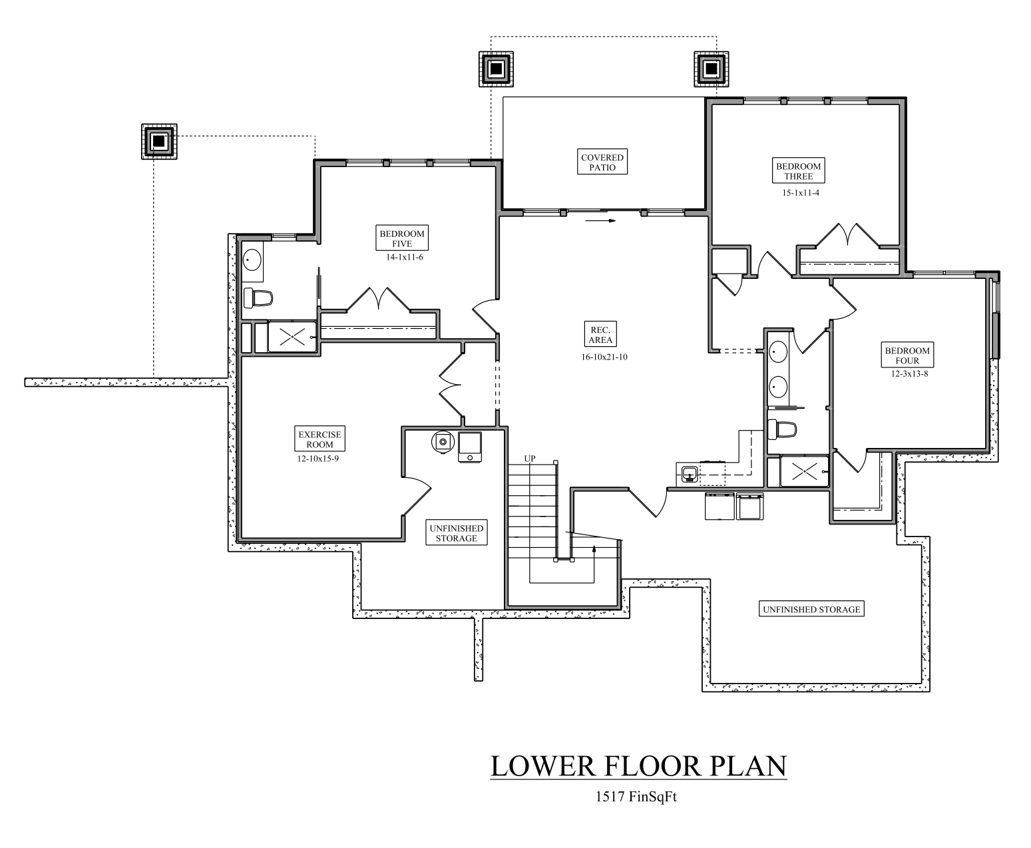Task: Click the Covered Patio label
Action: pos(602,162)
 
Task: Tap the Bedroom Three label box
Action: pos(798,171)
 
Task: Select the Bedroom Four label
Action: pos(907,355)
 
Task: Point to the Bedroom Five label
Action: pos(402,238)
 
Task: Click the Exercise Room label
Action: pos(320,439)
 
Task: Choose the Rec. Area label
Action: pos(600,335)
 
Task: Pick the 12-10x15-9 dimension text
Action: pos(320,458)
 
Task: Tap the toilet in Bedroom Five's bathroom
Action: pos(258,298)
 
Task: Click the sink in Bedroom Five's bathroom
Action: pos(252,260)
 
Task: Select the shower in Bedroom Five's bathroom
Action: pos(292,336)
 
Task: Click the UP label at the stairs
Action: pos(530,459)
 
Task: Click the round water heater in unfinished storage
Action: pos(442,441)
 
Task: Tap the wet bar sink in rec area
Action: pos(689,473)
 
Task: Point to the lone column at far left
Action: pos(159,141)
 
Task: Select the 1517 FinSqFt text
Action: pos(636,797)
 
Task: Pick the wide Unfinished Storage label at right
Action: pos(811,609)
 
